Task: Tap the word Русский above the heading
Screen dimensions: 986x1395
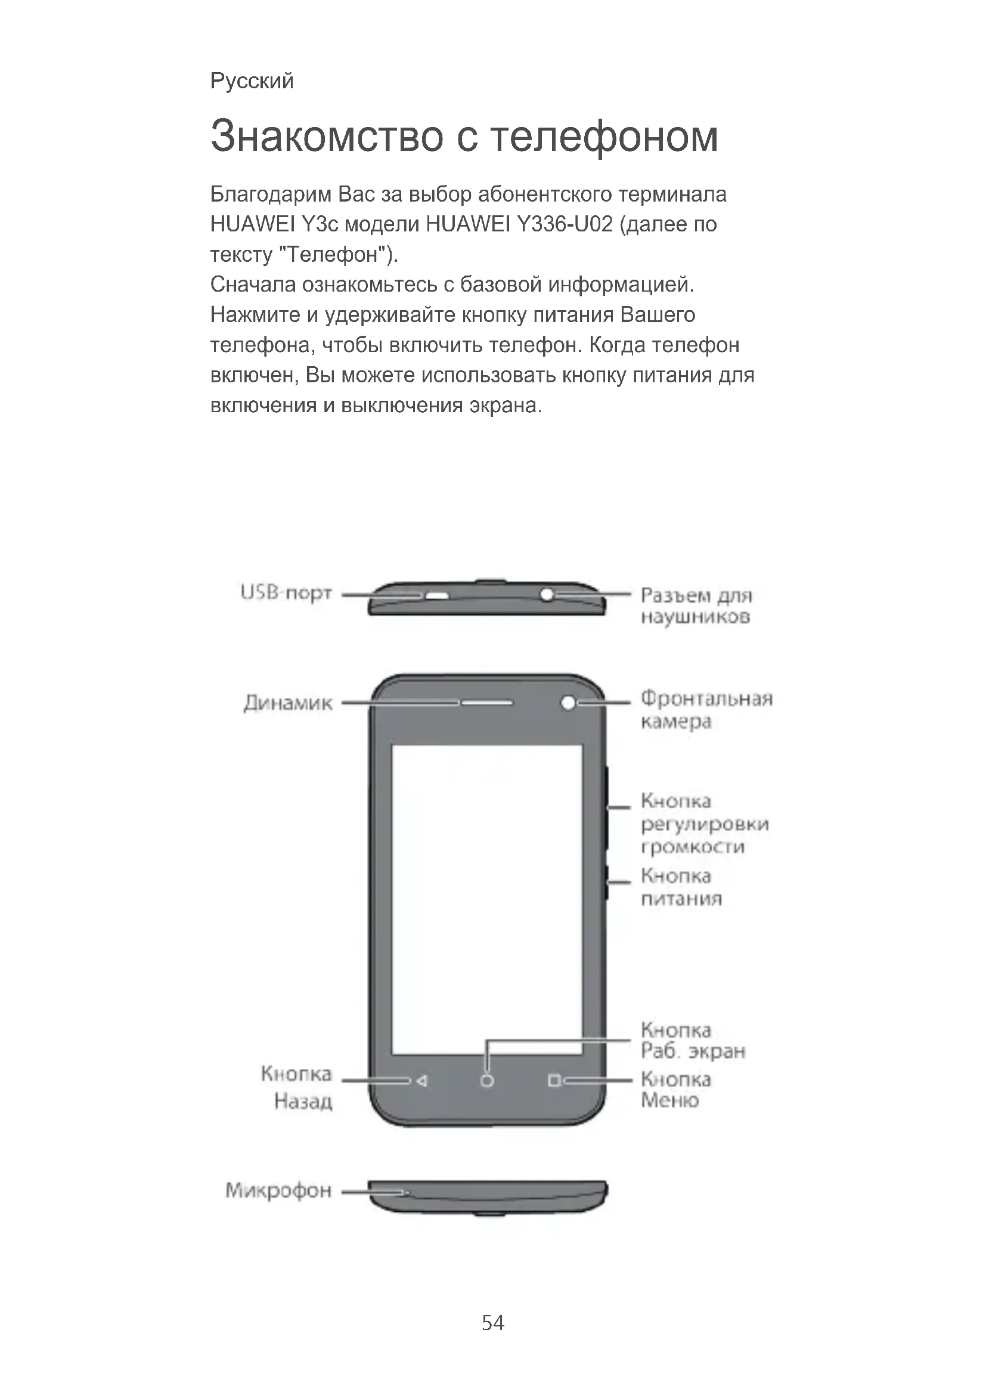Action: point(252,80)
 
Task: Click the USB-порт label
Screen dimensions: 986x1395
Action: point(286,592)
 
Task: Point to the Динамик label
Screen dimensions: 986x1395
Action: point(288,703)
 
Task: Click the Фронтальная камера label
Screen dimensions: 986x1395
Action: point(706,710)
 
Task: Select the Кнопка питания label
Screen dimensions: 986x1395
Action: point(681,887)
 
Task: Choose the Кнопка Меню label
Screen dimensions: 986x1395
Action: point(676,1090)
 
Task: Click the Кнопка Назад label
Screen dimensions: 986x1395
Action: point(297,1088)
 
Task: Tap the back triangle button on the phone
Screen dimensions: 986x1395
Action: point(422,1081)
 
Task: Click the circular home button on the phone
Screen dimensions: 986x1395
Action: point(487,1081)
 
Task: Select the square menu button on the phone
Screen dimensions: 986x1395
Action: point(553,1081)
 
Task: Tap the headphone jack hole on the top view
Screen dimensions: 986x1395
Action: point(547,593)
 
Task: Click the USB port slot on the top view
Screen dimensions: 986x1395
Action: point(436,595)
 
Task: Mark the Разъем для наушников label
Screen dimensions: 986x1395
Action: point(696,606)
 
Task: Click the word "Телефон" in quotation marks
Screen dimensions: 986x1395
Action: point(334,254)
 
